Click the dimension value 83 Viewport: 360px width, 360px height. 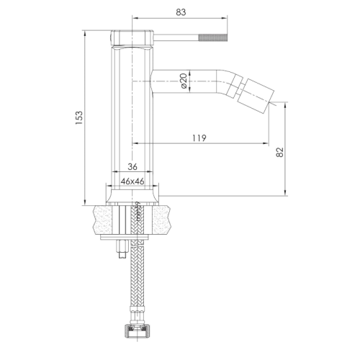tap(181, 12)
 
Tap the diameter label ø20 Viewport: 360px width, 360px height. tap(184, 81)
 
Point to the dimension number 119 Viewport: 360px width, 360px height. tap(201, 138)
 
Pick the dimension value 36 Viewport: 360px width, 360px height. tap(132, 167)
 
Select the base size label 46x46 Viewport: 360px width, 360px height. tap(132, 181)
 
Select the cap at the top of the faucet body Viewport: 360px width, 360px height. tap(132, 37)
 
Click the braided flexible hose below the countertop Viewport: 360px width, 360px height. tap(135, 288)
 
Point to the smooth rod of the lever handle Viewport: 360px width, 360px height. tap(176, 35)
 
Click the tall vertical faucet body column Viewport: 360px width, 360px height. tap(132, 108)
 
